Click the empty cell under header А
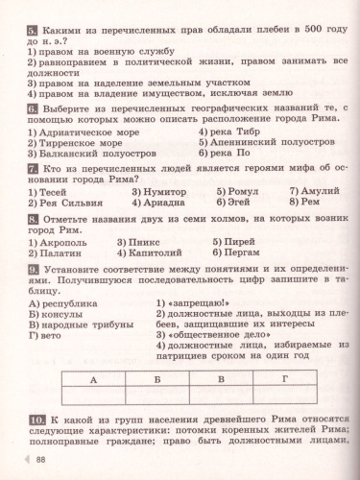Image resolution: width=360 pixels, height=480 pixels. click(x=92, y=396)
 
